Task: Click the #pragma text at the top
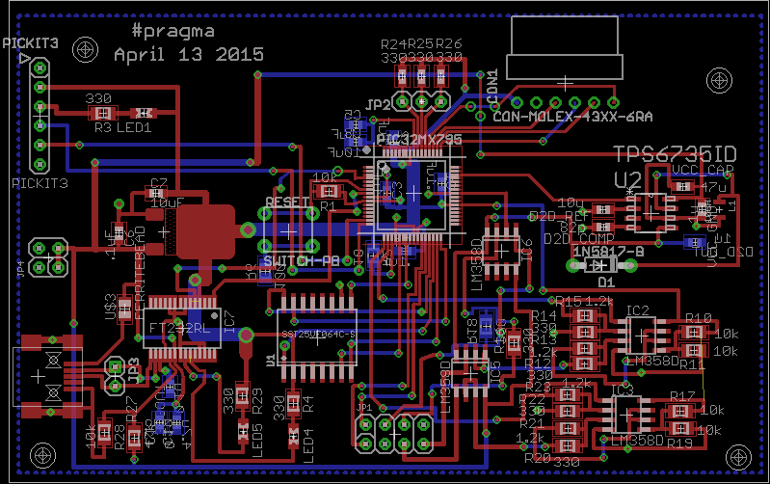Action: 173,31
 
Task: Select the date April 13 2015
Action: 188,55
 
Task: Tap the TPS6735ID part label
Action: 676,154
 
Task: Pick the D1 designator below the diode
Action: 606,282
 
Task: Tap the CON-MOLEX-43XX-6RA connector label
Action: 572,117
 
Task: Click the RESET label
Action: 287,203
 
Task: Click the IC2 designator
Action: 638,310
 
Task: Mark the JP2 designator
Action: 378,104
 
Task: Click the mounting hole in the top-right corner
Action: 717,79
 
